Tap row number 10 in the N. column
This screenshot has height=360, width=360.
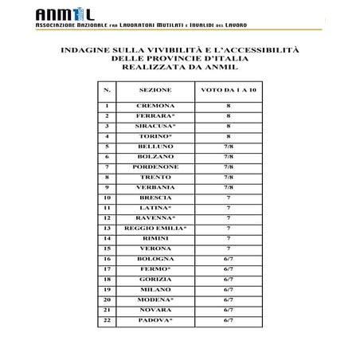click(x=106, y=197)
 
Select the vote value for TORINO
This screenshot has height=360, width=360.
click(x=229, y=136)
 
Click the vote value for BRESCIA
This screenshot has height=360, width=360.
click(x=229, y=197)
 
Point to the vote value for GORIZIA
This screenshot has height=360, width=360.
click(x=229, y=279)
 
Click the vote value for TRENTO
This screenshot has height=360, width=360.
click(x=229, y=177)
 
